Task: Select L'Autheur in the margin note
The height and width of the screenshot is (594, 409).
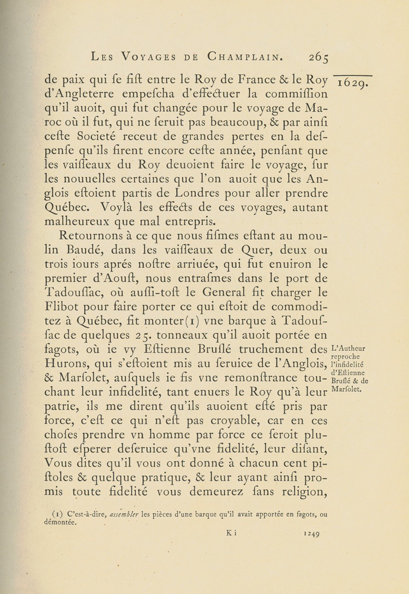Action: [x=348, y=349]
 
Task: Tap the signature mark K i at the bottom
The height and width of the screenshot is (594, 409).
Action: [x=231, y=535]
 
